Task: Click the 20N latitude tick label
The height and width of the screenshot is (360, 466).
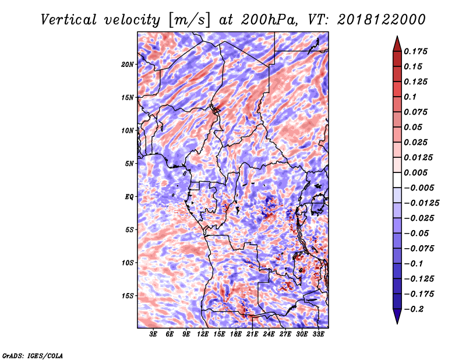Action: point(128,64)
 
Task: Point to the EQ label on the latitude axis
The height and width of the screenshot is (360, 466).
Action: point(129,196)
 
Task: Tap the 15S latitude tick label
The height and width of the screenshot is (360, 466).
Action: point(128,295)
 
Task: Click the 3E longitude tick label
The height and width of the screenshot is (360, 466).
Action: point(154,334)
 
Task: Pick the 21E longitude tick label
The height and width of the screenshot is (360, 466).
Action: point(252,334)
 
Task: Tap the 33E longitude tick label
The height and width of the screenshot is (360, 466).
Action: point(318,334)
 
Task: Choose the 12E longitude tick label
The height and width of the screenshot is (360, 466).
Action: point(203,334)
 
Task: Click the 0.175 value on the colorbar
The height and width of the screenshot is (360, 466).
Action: point(417,51)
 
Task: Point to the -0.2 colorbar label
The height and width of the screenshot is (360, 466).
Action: point(418,309)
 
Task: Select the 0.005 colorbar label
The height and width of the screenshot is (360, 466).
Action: point(417,172)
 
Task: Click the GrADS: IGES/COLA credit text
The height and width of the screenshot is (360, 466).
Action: point(32,355)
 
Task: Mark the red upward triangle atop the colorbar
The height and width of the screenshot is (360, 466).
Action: point(396,43)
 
